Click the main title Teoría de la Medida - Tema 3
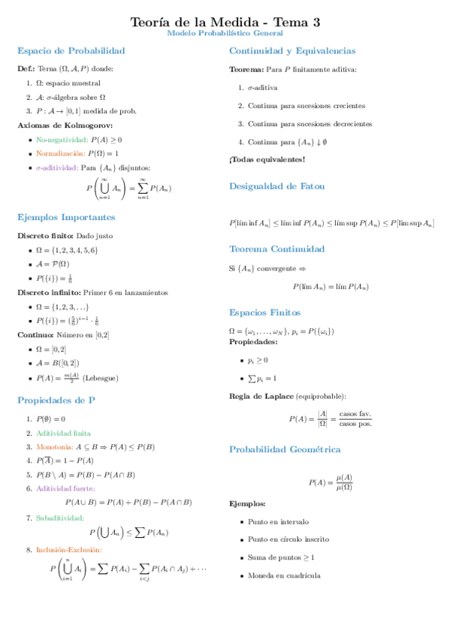coord(225,23)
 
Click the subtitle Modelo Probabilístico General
coord(225,34)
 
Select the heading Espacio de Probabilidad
coord(71,51)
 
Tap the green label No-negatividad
coord(61,140)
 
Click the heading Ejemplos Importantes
coord(66,217)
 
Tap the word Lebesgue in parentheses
coord(100,379)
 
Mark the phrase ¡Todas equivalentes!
coord(266,159)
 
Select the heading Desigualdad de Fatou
coord(276,186)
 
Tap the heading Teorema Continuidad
coord(276,249)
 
